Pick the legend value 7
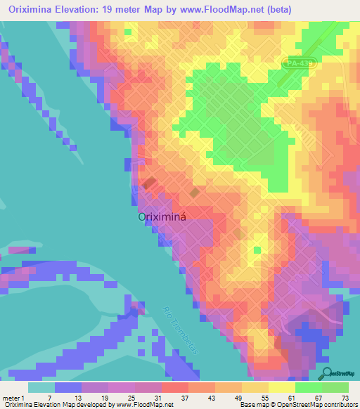pyautogui.click(x=49, y=397)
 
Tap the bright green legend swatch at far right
pyautogui.click(x=335, y=387)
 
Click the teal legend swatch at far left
pyautogui.click(x=41, y=387)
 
